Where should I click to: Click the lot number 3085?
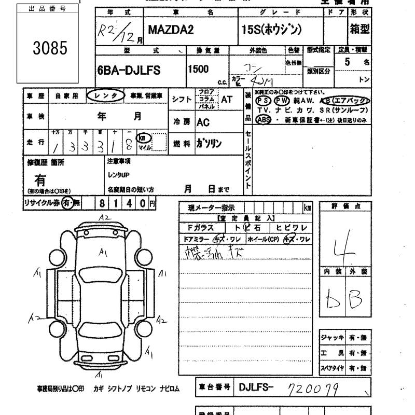click(x=50, y=49)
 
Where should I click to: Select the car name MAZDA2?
click(x=171, y=30)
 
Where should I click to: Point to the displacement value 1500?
click(x=199, y=69)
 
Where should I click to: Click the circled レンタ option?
click(x=105, y=96)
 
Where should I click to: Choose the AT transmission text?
click(x=227, y=99)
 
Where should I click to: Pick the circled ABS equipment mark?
click(x=264, y=120)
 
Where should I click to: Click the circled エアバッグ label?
click(x=351, y=101)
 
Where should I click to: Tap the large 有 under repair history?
click(x=40, y=179)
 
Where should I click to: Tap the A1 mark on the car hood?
click(x=104, y=253)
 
